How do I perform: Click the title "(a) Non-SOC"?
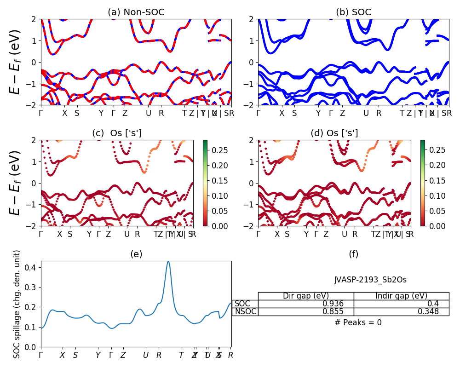tap(136, 12)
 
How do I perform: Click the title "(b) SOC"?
tap(353, 12)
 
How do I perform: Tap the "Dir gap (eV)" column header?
tap(305, 296)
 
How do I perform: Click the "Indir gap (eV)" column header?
tap(401, 296)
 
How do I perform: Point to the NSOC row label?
tap(245, 311)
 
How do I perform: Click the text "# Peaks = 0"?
tap(358, 322)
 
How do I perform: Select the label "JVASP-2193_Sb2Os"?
tap(370, 280)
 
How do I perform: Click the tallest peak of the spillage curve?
tap(168, 261)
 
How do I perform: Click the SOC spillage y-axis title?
tap(17, 304)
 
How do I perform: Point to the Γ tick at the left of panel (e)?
tap(41, 355)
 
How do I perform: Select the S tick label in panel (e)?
tap(75, 355)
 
